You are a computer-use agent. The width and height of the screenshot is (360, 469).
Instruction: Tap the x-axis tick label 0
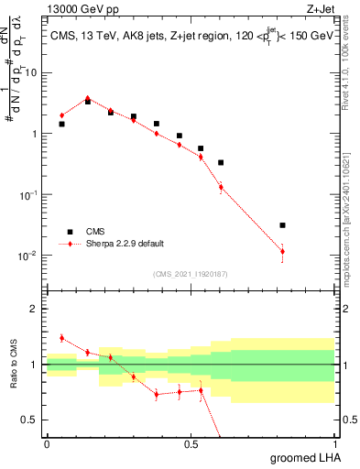(x=47, y=442)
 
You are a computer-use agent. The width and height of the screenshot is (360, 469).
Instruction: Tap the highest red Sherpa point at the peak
(x=88, y=98)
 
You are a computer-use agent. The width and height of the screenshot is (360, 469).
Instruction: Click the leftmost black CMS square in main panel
(x=61, y=124)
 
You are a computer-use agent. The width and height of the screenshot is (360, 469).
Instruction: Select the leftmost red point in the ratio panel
(x=61, y=338)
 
